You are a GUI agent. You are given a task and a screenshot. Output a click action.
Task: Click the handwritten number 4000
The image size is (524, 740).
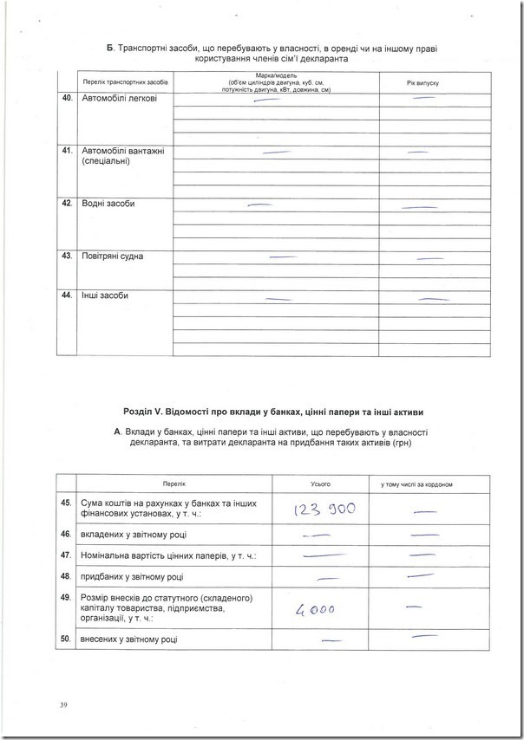click(x=314, y=609)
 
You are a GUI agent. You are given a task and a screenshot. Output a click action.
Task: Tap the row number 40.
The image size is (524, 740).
click(x=67, y=99)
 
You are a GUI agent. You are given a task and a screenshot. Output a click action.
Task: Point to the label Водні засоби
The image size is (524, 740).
click(x=108, y=204)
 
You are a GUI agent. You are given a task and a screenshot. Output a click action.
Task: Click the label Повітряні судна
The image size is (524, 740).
click(x=113, y=256)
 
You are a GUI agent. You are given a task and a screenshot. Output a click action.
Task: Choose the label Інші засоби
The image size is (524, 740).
click(x=105, y=296)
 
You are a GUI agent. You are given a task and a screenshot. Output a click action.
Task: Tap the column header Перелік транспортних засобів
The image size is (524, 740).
click(x=124, y=81)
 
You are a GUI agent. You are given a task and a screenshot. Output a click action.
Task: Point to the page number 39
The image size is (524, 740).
click(x=63, y=704)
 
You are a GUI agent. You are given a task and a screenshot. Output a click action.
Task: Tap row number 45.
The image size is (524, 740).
click(x=66, y=503)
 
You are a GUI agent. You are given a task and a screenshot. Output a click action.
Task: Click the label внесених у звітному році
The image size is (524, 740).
click(x=129, y=639)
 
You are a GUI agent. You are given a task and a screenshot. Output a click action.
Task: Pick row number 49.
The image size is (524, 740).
click(x=66, y=598)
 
